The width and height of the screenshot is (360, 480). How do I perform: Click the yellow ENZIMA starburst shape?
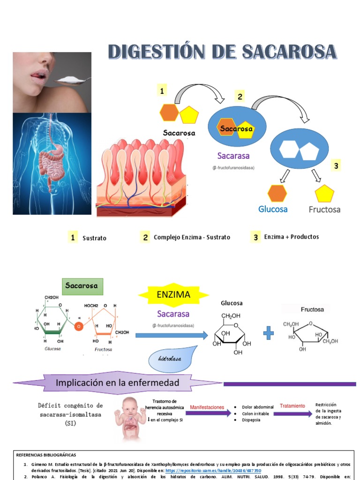[x=173, y=295]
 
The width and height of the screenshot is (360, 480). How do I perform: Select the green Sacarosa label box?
[x=82, y=285]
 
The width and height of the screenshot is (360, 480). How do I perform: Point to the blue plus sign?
[x=268, y=333]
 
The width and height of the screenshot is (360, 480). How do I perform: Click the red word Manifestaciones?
[x=207, y=407]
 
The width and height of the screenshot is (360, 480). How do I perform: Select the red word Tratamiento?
[x=292, y=405]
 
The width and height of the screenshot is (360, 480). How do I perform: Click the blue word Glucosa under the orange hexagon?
[x=273, y=209]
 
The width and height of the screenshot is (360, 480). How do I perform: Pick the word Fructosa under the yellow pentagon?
[x=324, y=209]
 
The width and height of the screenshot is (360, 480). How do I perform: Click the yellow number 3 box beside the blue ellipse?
[x=336, y=165]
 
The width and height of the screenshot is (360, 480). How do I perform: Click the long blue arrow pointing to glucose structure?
[x=171, y=335]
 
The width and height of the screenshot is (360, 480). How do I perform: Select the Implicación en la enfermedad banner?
[x=117, y=383]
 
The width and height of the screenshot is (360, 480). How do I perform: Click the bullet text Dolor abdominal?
[x=257, y=407]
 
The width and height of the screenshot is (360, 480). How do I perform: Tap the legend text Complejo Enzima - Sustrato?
[x=192, y=237]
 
